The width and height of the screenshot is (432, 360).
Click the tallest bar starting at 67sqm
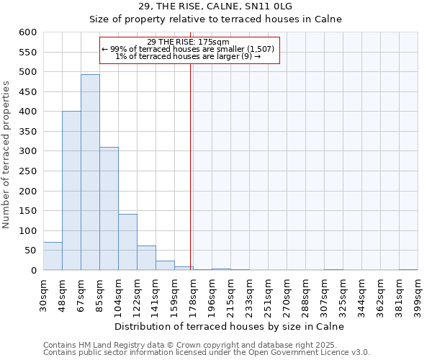pos(90,173)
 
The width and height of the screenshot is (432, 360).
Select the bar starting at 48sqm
pos(71,191)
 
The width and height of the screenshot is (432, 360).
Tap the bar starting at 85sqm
pos(109,209)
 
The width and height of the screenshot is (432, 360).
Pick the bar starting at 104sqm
pos(127,242)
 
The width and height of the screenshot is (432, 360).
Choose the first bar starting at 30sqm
pos(53,256)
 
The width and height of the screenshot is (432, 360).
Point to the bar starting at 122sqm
pos(146,258)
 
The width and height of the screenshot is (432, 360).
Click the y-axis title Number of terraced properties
pos(7,155)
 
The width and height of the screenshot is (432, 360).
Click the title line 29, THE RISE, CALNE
pos(215,6)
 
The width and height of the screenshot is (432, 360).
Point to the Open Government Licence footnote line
pos(206,352)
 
